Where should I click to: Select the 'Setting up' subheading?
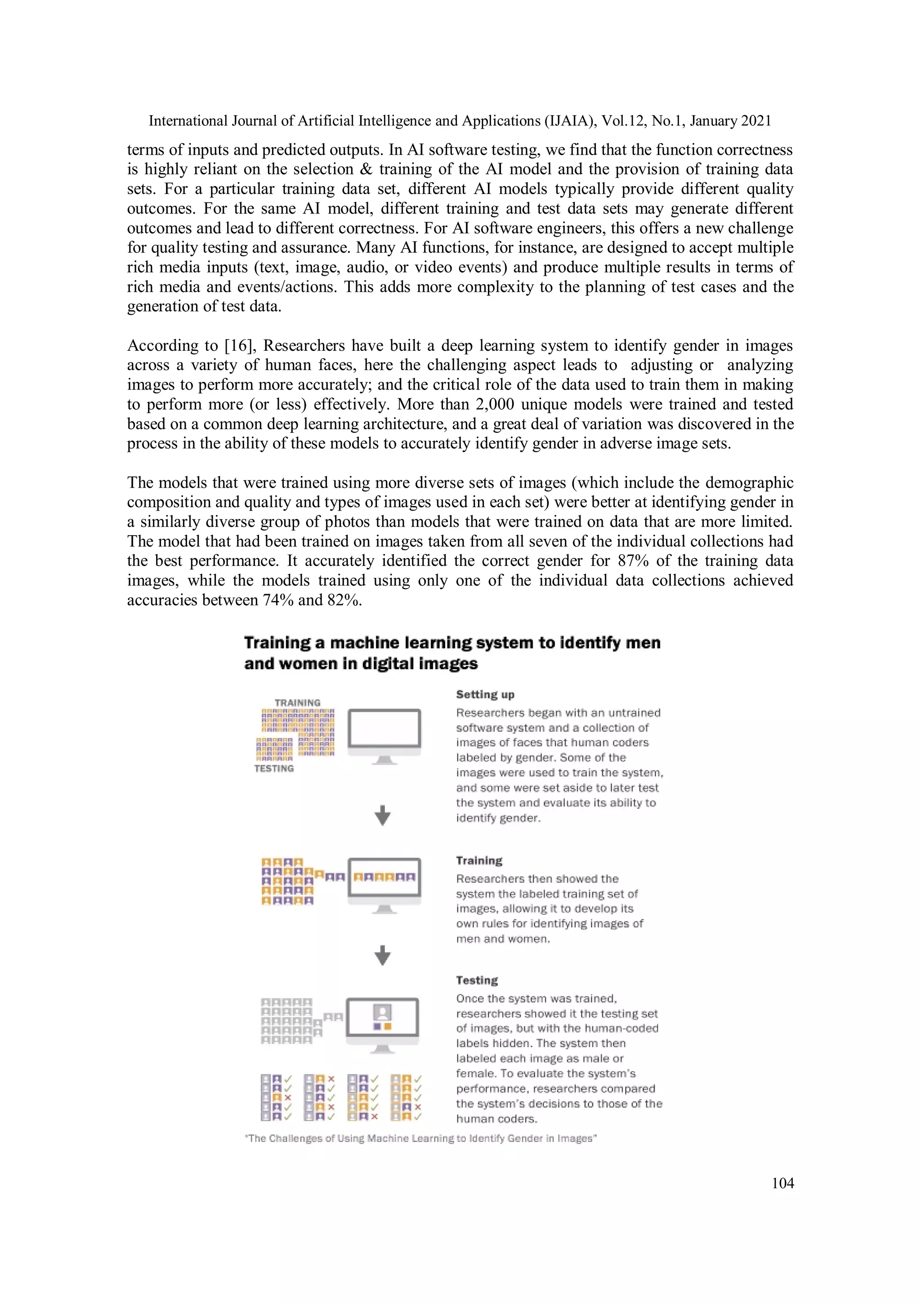485,694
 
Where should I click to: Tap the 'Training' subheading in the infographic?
479,860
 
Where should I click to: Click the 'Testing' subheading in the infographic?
477,980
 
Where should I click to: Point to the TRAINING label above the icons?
297,702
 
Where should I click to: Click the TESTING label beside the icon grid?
274,768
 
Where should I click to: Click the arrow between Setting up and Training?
383,815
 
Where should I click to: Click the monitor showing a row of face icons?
384,878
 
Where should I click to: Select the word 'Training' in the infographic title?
277,643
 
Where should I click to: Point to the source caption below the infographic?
420,1138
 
